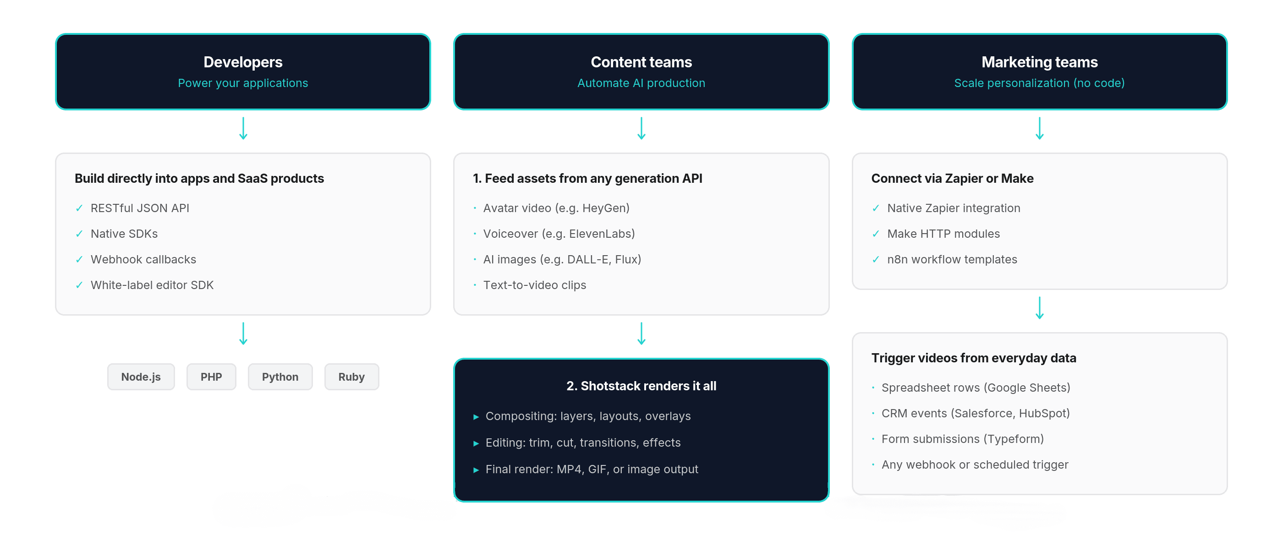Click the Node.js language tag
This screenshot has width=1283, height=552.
141,377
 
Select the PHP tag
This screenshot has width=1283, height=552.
211,377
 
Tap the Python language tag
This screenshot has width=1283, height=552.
280,377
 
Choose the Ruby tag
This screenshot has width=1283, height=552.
351,377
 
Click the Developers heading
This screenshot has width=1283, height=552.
242,62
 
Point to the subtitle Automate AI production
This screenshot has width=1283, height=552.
641,83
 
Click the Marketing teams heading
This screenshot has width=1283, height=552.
1039,62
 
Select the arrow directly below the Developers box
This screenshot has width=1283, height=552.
243,128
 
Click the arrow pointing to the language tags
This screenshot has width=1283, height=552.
243,333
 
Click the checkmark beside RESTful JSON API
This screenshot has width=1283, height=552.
79,208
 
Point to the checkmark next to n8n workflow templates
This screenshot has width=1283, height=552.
876,259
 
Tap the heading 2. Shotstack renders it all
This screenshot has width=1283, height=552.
641,386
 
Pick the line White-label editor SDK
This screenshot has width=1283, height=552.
152,285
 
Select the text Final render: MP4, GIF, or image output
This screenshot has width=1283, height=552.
591,470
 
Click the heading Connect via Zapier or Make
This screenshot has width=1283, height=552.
952,178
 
